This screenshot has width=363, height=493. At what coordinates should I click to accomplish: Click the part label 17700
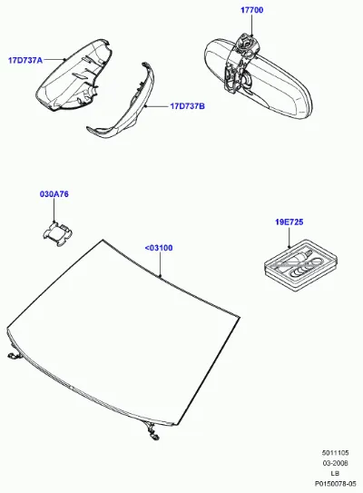(251, 10)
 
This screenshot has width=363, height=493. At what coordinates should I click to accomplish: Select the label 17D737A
(25, 60)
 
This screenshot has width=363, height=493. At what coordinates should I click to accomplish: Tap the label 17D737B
(187, 106)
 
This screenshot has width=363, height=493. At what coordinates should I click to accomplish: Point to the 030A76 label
(54, 194)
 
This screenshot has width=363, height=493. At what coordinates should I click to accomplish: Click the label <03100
(159, 248)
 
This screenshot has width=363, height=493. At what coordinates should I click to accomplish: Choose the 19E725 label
(289, 222)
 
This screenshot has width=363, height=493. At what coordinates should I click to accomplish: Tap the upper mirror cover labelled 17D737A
(73, 75)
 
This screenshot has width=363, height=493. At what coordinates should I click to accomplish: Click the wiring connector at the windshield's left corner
(15, 354)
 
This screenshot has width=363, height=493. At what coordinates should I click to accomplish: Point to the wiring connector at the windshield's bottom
(152, 431)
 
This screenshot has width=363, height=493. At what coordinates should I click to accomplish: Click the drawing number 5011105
(335, 453)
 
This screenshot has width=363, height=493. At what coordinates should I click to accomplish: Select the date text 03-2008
(335, 463)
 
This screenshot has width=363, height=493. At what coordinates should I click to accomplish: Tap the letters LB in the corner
(335, 473)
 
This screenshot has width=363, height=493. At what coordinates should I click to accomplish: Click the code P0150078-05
(335, 484)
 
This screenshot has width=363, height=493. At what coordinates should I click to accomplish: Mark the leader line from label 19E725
(289, 237)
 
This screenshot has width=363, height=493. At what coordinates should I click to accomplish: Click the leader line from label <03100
(161, 265)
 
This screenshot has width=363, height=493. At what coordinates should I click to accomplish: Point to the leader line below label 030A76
(54, 211)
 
